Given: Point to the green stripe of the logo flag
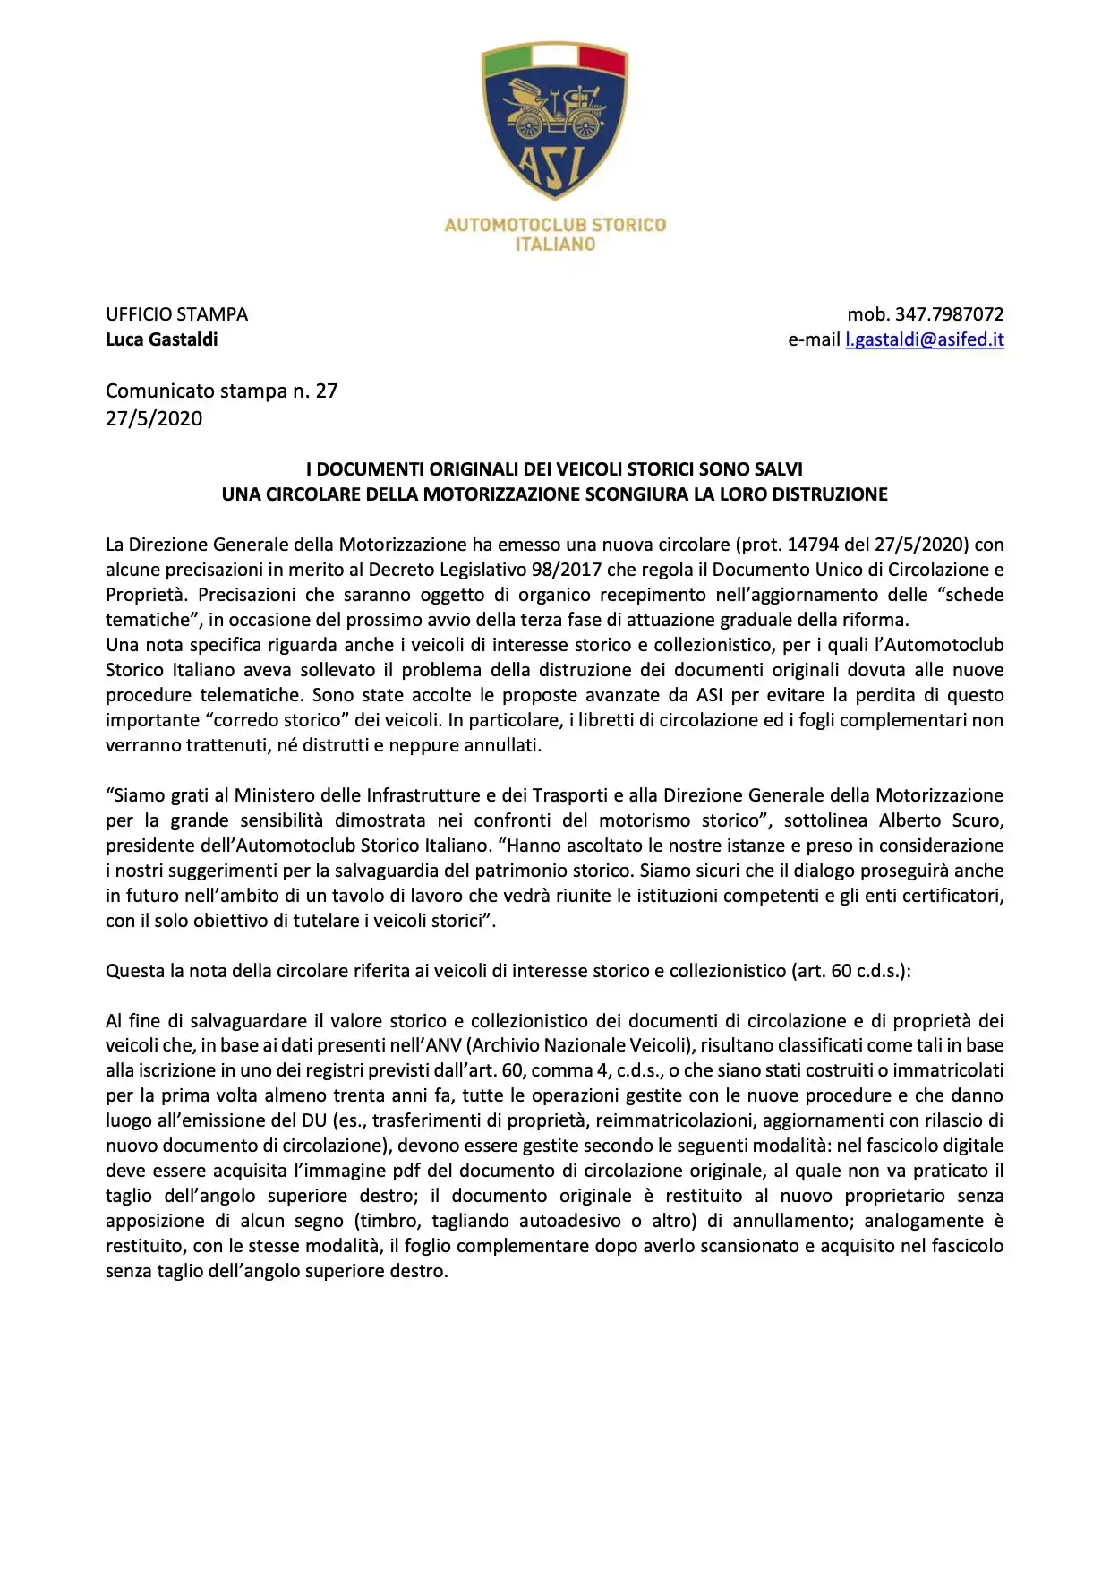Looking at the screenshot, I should tap(507, 59).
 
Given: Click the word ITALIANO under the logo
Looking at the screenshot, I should tap(555, 245).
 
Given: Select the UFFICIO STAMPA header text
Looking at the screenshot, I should tap(176, 314).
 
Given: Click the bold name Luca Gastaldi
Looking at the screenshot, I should tap(161, 339).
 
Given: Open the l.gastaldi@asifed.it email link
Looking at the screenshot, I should tap(924, 339).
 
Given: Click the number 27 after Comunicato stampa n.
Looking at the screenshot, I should tap(326, 391).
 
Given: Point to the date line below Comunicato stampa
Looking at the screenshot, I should tap(154, 418).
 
